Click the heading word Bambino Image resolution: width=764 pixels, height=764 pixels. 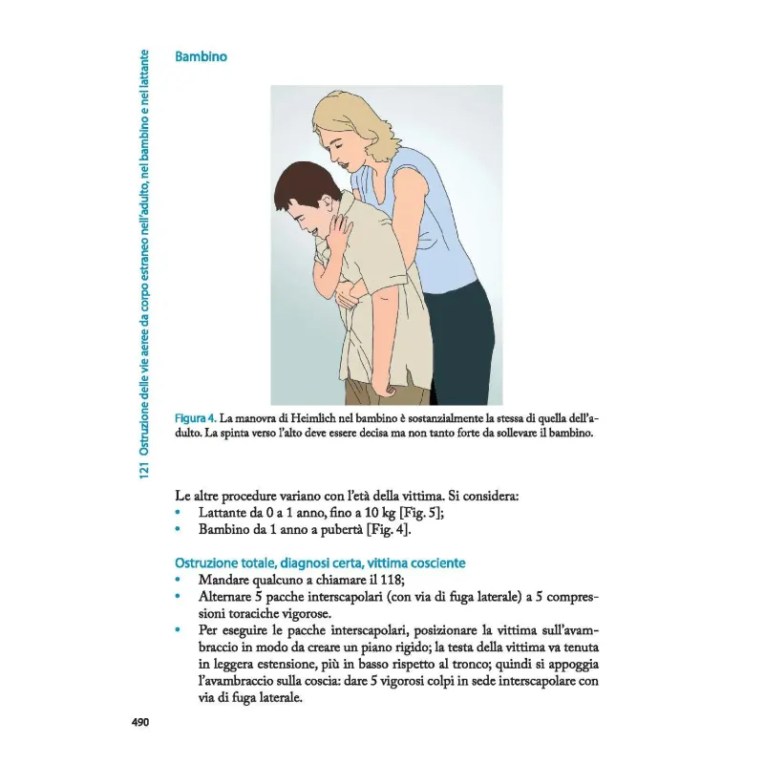(x=201, y=57)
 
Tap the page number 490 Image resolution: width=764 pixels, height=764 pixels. (x=141, y=722)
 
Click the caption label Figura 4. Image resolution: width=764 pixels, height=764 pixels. (x=196, y=418)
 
